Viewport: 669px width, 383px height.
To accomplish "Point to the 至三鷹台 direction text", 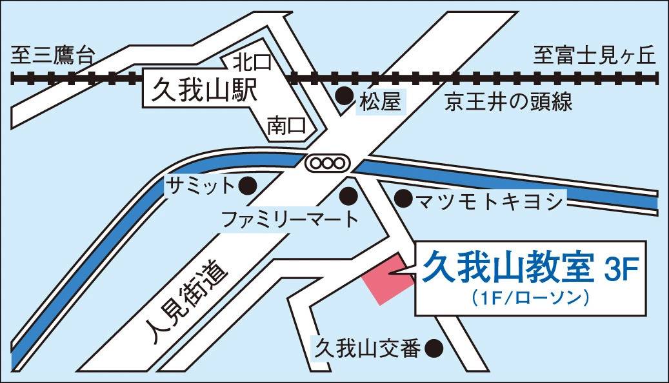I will [x=52, y=57].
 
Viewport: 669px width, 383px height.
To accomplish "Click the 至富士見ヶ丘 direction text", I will [x=594, y=57].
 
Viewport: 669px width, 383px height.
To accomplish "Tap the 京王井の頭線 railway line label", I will [x=508, y=102].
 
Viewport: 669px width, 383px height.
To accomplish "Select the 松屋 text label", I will [x=381, y=101].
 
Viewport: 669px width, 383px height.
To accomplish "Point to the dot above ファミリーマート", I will [x=349, y=193].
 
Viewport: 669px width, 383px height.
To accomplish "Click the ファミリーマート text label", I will [x=289, y=219].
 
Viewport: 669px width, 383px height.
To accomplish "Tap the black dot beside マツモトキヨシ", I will [x=403, y=199].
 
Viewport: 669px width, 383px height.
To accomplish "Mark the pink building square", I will [x=390, y=279].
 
